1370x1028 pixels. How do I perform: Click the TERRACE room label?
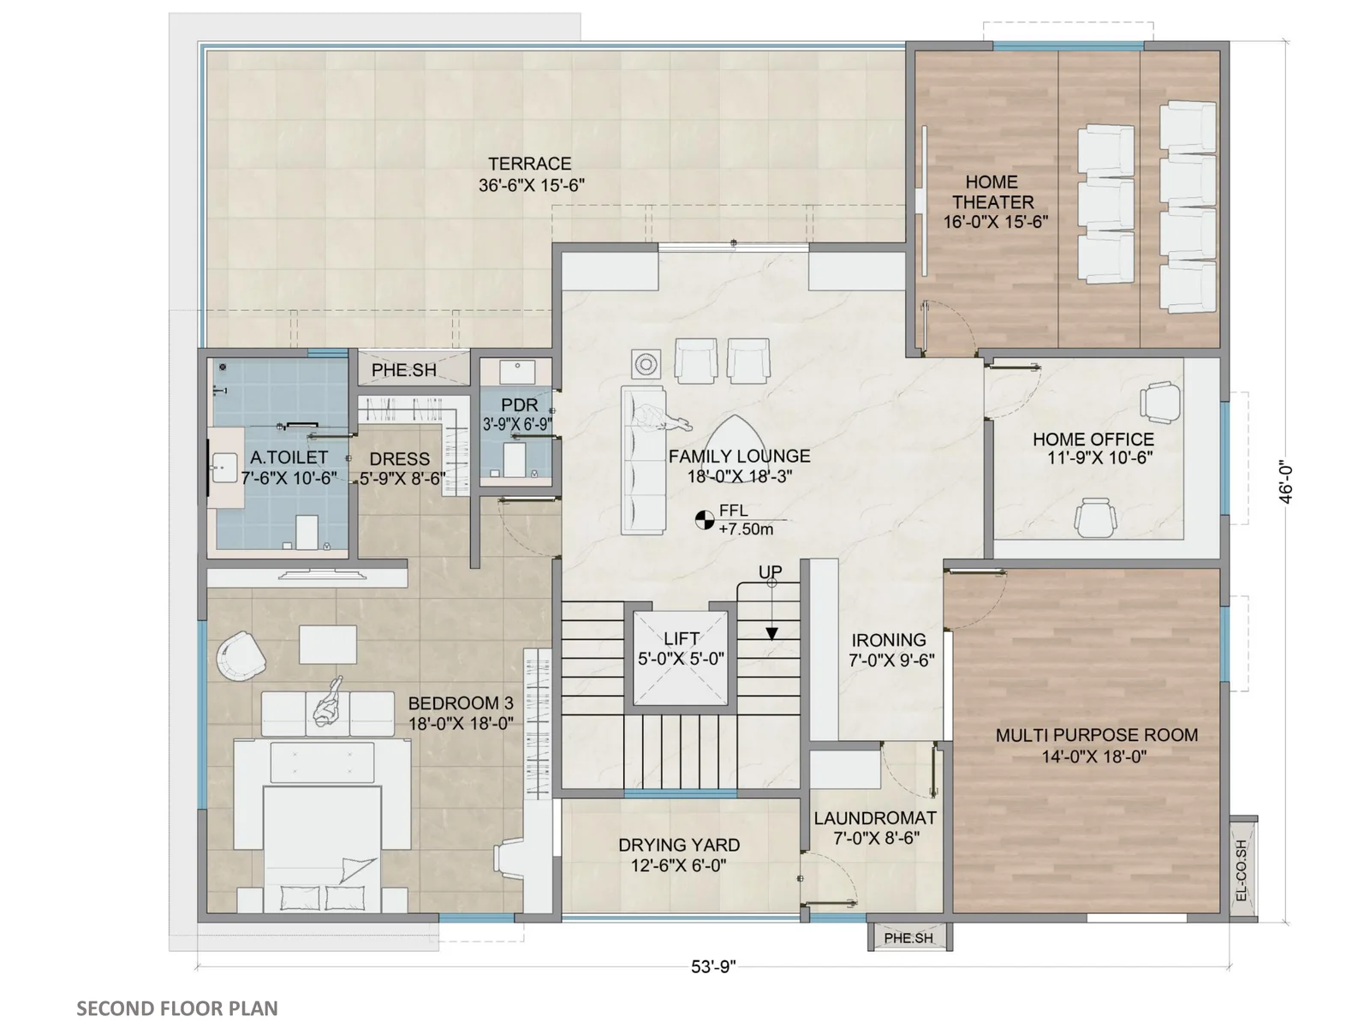529,164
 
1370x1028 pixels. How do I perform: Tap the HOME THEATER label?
993,192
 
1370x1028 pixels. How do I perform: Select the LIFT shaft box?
681,659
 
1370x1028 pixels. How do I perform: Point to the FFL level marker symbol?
705,519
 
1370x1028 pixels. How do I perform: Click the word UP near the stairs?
770,571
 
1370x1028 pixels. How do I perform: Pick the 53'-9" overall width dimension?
713,966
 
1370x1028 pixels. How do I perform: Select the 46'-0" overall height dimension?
1285,481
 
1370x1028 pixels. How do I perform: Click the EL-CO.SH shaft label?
1241,870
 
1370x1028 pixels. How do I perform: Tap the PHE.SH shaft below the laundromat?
908,937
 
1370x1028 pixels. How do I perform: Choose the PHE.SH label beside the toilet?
404,370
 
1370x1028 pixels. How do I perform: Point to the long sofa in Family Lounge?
643,460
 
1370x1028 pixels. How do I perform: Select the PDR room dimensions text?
517,424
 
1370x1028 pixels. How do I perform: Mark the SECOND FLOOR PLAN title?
177,1008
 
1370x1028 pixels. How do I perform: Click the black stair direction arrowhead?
772,634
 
